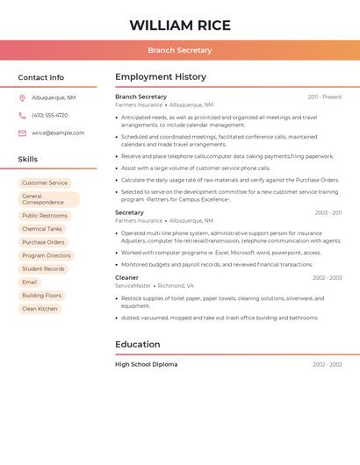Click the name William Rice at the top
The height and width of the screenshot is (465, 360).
tap(180, 25)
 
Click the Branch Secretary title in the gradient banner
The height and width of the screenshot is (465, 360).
tap(180, 50)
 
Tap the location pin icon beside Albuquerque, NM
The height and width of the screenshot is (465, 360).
tap(22, 97)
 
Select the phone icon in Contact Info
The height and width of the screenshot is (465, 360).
tap(22, 115)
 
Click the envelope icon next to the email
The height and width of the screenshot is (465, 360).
tap(22, 133)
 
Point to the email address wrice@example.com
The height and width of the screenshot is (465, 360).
tap(58, 133)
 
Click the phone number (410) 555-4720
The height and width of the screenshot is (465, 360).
tap(50, 115)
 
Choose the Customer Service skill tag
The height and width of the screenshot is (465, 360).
tap(45, 182)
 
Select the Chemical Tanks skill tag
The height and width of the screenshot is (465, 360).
tap(42, 229)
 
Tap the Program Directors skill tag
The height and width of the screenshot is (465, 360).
tap(47, 255)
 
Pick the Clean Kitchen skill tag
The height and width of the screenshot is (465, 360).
tap(40, 309)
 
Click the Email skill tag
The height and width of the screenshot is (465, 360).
tap(30, 283)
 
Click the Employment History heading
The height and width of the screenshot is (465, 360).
tap(161, 77)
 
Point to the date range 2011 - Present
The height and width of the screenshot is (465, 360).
tap(325, 97)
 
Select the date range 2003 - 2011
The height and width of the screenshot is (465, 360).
tap(328, 212)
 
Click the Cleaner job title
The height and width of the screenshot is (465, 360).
tap(126, 277)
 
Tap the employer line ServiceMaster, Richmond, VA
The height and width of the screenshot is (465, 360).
tap(155, 286)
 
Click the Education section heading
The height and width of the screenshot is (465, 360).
tap(137, 345)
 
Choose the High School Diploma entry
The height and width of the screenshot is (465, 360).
tap(146, 364)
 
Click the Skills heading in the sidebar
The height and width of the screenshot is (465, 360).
tap(28, 160)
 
